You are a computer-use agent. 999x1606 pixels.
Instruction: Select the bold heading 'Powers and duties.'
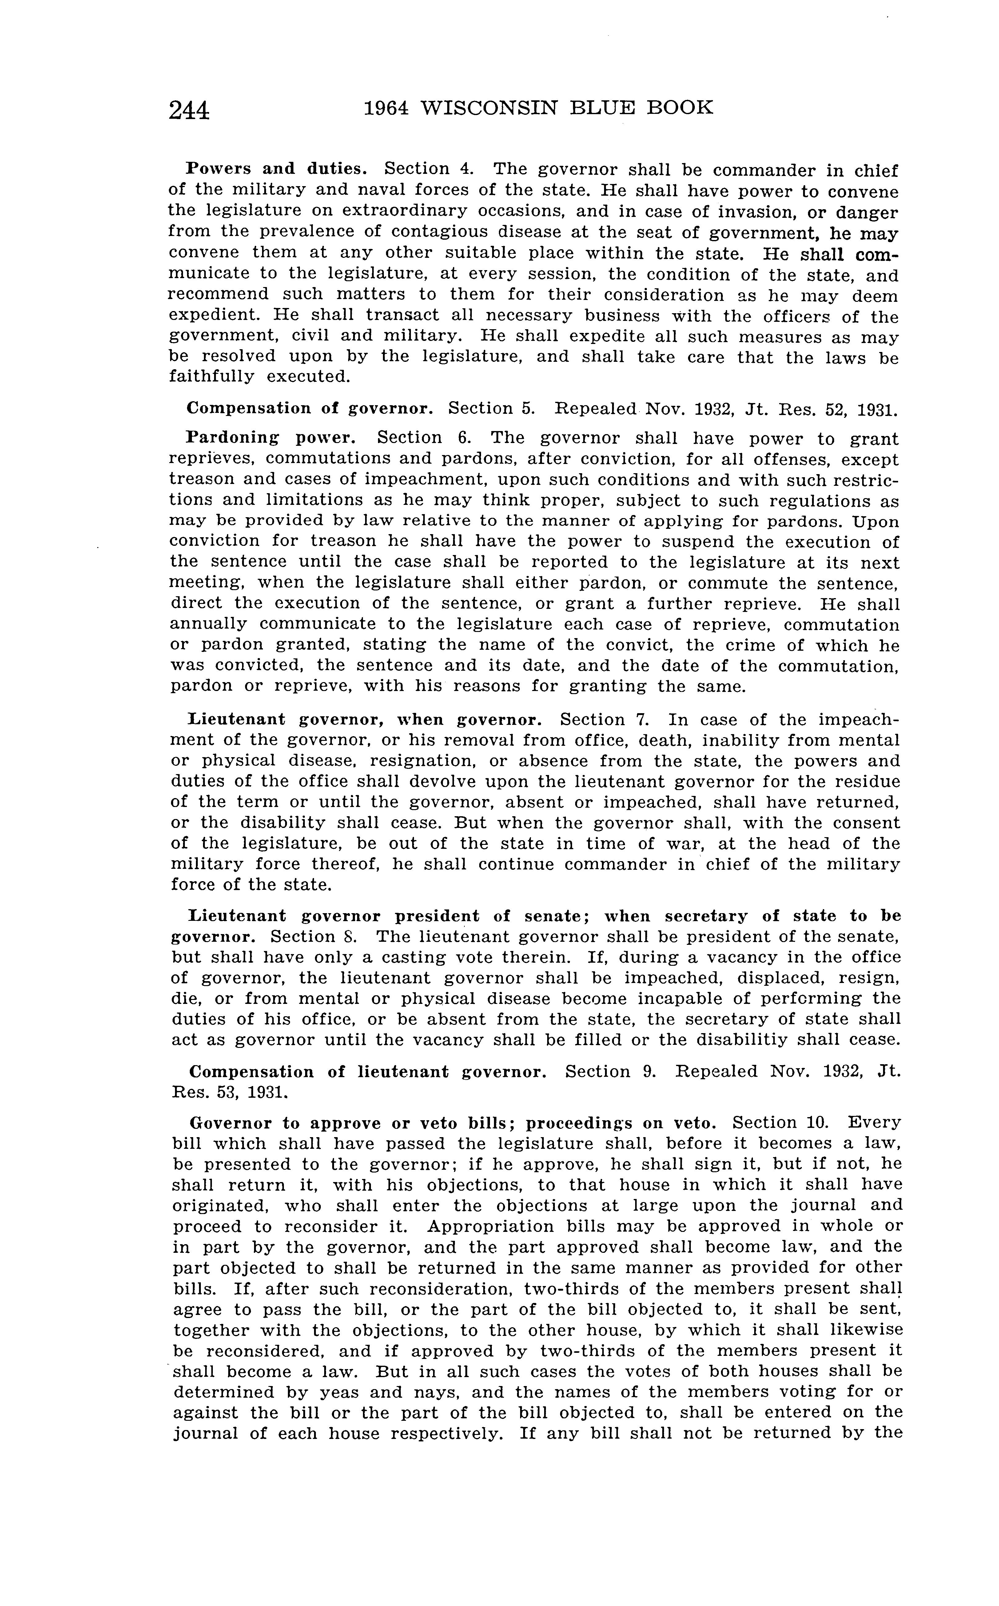tap(276, 169)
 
